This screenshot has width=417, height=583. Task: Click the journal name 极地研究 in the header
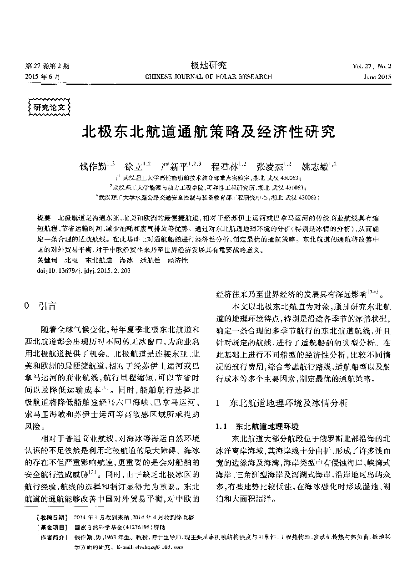pos(208,66)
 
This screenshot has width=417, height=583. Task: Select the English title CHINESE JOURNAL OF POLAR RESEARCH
pos(208,77)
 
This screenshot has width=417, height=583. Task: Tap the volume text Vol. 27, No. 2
pos(372,66)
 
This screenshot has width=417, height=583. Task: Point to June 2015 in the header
pos(377,77)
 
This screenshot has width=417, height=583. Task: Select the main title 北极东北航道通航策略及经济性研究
pos(208,132)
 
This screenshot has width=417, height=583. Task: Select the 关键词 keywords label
pos(47,260)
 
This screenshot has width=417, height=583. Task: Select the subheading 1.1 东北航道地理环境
pos(257,427)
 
